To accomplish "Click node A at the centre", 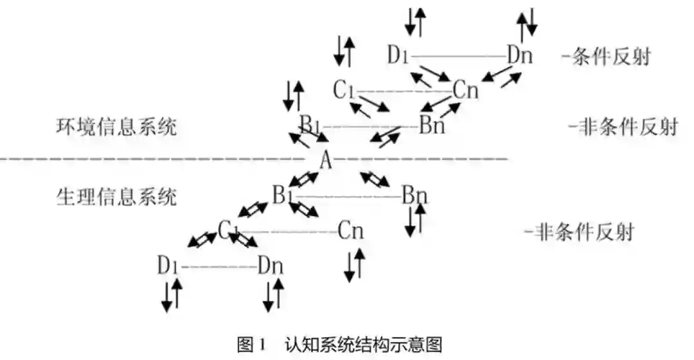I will click(326, 160).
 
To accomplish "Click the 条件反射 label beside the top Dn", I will click(605, 57).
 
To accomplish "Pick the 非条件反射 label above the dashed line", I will click(623, 127).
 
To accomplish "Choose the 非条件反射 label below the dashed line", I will click(578, 231).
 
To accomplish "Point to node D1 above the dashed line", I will click(398, 55).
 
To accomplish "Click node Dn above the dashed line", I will click(519, 55).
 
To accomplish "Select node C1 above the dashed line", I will click(344, 91).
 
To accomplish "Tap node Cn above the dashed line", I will click(465, 91).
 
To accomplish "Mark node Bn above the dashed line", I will click(432, 125).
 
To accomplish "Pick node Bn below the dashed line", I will click(414, 194).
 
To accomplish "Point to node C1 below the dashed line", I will click(228, 229).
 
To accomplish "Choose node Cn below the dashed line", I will click(351, 230).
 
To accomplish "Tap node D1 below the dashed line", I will click(169, 264).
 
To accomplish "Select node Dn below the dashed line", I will click(271, 264).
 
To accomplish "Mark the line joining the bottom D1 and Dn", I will click(218, 265).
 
